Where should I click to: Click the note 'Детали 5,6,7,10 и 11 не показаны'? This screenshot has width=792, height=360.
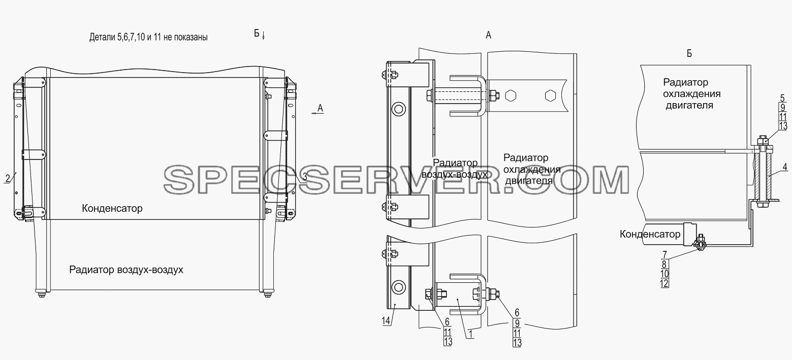point(148,37)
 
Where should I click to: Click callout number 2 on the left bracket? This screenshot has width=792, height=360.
point(8,178)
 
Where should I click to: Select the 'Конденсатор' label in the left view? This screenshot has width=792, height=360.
point(112,209)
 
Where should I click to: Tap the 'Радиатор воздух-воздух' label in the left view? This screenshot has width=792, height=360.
point(126,270)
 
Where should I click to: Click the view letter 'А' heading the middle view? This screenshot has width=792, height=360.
point(488,35)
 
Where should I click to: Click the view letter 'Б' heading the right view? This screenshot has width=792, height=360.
point(689,53)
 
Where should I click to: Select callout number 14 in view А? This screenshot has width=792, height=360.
point(386,321)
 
